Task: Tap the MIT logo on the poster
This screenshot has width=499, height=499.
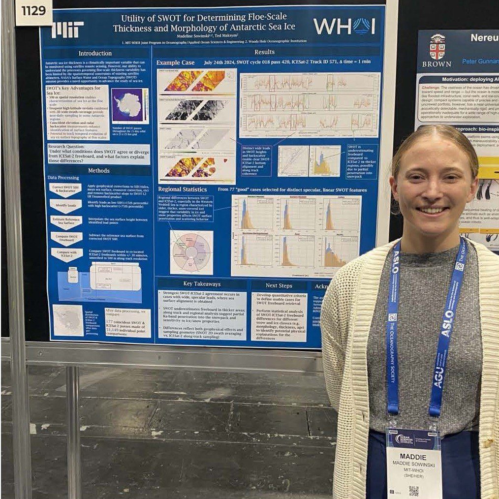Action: click(67, 29)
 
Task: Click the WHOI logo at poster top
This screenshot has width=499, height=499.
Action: click(344, 26)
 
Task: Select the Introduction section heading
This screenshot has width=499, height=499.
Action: click(95, 53)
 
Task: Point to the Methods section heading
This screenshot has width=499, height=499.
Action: click(98, 170)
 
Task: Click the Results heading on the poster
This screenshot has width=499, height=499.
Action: click(264, 52)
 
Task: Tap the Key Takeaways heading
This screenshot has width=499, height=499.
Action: click(202, 284)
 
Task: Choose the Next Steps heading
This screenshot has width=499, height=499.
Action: click(278, 285)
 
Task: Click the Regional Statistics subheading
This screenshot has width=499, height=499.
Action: click(182, 189)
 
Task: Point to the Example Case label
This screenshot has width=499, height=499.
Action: click(175, 63)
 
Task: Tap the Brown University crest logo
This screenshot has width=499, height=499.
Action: click(437, 47)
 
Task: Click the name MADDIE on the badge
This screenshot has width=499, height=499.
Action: click(413, 457)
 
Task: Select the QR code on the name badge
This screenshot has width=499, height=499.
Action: click(413, 491)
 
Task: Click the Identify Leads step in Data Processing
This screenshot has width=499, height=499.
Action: click(65, 204)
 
